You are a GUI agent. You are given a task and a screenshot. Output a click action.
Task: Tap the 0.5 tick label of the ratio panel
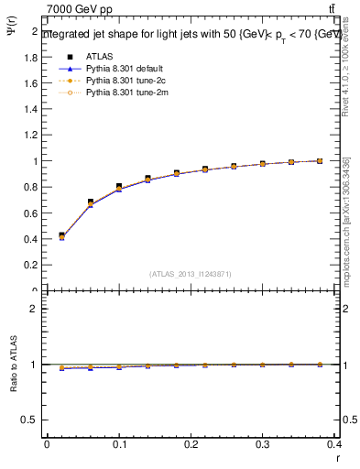[x=31, y=420]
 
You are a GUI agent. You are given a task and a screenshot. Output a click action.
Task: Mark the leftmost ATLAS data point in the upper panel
[x=62, y=235]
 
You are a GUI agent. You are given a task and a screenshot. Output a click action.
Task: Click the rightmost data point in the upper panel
[x=320, y=160]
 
